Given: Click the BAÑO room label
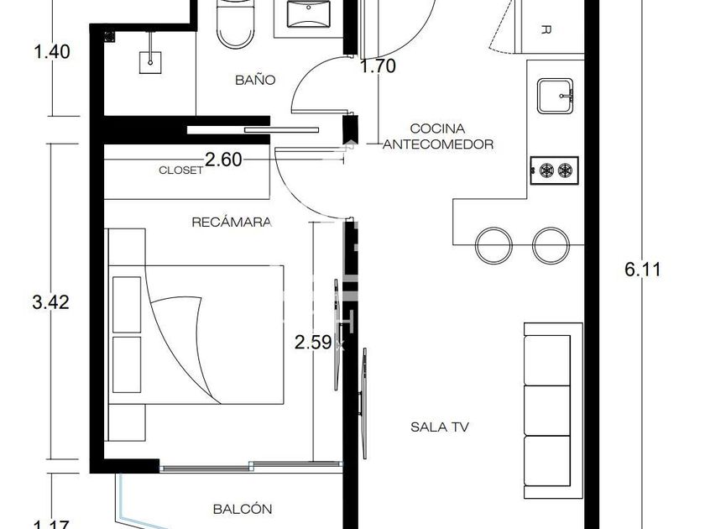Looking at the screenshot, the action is (255, 80).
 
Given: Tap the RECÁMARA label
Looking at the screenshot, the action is (232, 223).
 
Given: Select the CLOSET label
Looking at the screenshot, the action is (180, 170).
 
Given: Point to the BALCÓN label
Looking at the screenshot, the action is (243, 509).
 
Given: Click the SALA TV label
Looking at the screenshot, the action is (439, 427).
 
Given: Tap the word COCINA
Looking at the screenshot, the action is (437, 128).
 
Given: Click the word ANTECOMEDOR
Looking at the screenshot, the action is (438, 144).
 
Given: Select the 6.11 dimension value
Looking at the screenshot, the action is (643, 270).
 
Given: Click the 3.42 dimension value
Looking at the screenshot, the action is (51, 301).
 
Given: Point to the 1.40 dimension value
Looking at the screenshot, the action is (52, 52).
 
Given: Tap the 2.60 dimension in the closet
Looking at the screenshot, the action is (223, 160).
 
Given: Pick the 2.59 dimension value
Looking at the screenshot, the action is (313, 343).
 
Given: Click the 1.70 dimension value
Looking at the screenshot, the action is (379, 66).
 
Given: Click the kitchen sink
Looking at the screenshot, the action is (556, 96).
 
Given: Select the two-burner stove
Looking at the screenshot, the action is (555, 170).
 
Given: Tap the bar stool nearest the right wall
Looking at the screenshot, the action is (551, 245).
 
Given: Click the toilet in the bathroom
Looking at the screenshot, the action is (235, 24).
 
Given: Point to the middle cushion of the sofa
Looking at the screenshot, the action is (547, 411).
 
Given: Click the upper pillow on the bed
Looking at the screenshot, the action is (127, 305).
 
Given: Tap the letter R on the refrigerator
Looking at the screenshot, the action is (546, 30).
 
